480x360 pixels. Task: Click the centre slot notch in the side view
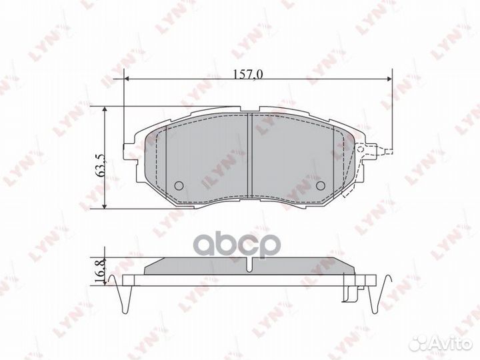click(249, 265)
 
